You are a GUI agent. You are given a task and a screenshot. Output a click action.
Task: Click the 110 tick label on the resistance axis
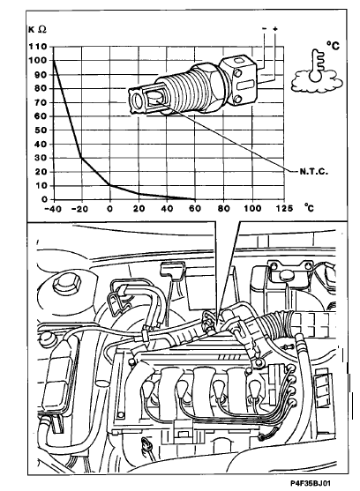(37, 47)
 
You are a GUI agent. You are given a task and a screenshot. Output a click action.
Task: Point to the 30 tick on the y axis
(41, 158)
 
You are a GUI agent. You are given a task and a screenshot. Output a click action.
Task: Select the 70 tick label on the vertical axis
(41, 102)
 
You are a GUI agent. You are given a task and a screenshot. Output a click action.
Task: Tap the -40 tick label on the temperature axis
(52, 209)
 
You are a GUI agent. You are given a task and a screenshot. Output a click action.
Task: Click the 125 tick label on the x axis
(284, 208)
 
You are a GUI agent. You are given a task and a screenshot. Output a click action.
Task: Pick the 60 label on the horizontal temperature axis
(195, 208)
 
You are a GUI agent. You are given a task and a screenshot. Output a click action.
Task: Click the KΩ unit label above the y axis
(37, 29)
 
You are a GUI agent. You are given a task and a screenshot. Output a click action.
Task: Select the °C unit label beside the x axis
(309, 207)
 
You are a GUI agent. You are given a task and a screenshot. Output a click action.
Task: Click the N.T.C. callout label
(313, 172)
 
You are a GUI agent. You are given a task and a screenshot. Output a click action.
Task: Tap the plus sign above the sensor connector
(275, 29)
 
